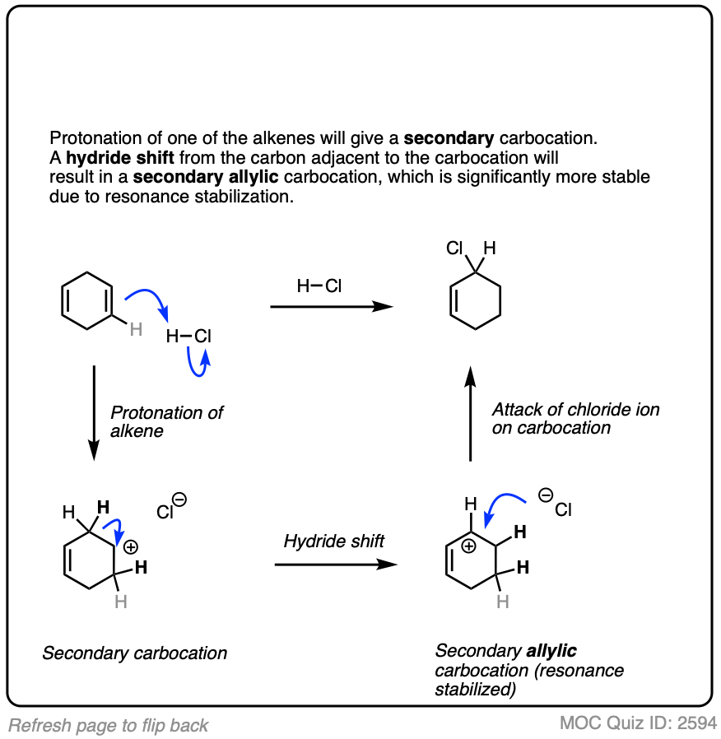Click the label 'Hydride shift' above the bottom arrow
(334, 541)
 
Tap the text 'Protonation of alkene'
(166, 421)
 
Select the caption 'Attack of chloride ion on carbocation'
(575, 418)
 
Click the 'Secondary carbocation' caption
(134, 653)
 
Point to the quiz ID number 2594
(697, 723)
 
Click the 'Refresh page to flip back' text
(109, 725)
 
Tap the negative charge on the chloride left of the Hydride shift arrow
(179, 500)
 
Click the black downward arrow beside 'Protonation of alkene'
(94, 411)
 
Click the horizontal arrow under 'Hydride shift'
(335, 565)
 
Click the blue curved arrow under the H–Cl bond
(198, 363)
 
